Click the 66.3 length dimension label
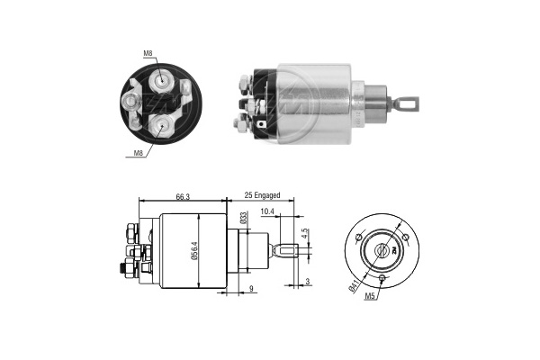pyautogui.click(x=183, y=196)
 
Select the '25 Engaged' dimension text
pyautogui.click(x=262, y=195)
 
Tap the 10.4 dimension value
pyautogui.click(x=267, y=211)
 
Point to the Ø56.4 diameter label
pyautogui.click(x=194, y=250)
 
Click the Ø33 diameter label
pyautogui.click(x=244, y=218)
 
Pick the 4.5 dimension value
pyautogui.click(x=304, y=234)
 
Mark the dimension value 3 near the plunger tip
pyautogui.click(x=308, y=282)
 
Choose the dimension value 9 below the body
pyautogui.click(x=251, y=288)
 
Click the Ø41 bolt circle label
pyautogui.click(x=354, y=286)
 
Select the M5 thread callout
pyautogui.click(x=369, y=296)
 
